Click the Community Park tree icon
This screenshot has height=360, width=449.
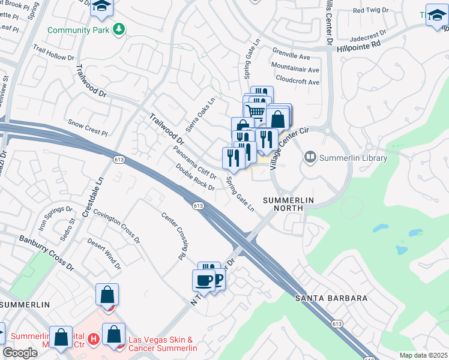click(119, 29)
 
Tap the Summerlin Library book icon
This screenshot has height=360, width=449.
click(310, 158)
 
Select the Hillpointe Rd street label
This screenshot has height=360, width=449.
click(359, 44)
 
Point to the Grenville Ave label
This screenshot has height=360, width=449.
click(291, 57)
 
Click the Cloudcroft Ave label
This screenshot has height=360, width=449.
click(298, 81)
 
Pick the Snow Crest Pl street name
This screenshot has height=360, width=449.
click(87, 124)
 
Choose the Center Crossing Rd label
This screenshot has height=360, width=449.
click(172, 236)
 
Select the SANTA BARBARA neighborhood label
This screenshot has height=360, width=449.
click(330, 298)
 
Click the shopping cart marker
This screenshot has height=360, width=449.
click(256, 111)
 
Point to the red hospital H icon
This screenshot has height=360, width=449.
click(93, 340)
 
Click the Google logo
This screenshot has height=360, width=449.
click(20, 353)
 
